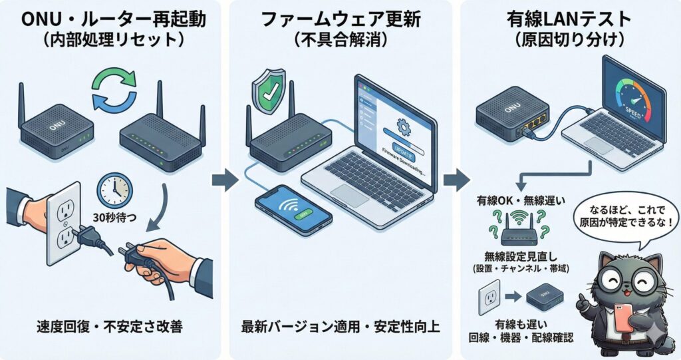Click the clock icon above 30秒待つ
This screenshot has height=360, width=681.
tap(114, 190)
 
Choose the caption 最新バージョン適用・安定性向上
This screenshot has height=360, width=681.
tap(340, 327)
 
